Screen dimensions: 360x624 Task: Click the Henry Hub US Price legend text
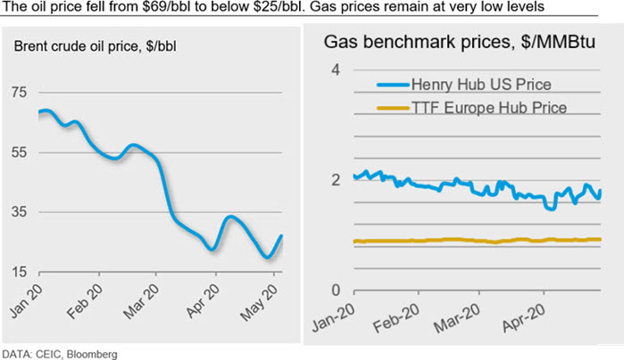480,85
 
